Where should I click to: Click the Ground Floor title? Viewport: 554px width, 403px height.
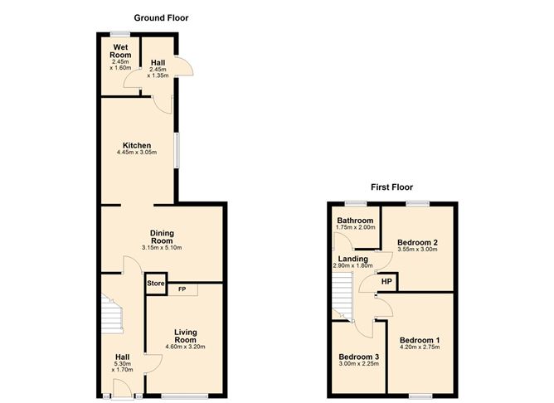161,18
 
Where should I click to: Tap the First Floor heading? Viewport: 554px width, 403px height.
391,187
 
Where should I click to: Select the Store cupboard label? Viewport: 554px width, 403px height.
156,284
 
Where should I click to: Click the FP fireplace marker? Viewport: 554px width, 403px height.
182,289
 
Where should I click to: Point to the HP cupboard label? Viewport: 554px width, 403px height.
386,281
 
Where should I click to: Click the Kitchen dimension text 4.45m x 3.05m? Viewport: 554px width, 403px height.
137,153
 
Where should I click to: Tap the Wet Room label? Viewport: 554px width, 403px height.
120,51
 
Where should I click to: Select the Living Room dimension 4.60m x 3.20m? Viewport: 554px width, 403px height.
185,347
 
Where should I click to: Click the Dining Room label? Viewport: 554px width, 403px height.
162,236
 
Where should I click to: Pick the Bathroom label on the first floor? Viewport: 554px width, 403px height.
355,221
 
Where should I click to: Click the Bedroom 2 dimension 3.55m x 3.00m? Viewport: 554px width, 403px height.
417,249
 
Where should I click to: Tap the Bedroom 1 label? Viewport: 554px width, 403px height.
420,340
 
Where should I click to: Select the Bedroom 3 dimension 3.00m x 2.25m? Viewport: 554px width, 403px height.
359,363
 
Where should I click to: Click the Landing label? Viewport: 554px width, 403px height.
353,259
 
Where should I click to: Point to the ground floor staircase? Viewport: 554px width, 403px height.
112,313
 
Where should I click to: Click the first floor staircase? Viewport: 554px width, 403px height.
343,296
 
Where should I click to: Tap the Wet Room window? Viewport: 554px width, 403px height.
120,34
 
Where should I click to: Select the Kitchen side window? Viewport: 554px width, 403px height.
176,150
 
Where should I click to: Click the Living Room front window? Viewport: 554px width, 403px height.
184,396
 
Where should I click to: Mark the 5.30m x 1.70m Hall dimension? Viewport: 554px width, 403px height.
122,367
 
